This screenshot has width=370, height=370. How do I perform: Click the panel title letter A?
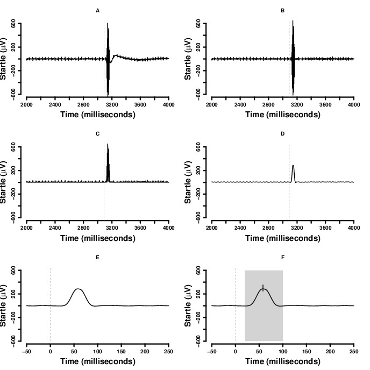coord(97,10)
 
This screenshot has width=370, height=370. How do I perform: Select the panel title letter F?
coord(282,257)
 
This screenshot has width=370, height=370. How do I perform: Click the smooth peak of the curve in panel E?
coord(79,289)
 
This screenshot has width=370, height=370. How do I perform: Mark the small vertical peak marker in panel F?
coord(262,287)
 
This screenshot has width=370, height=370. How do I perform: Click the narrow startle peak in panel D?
coord(293,166)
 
